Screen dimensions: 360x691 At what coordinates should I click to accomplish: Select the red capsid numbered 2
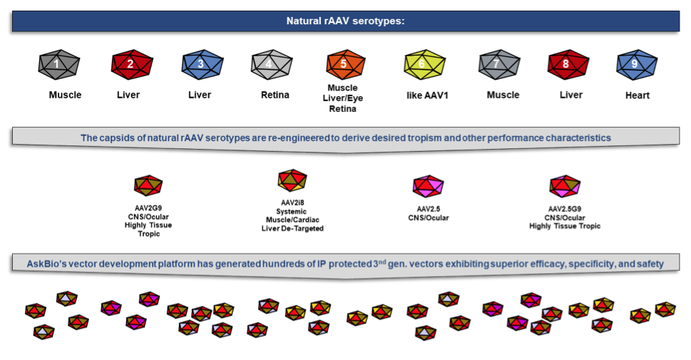pyautogui.click(x=131, y=65)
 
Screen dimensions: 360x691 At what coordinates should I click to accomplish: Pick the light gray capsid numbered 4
pyautogui.click(x=270, y=65)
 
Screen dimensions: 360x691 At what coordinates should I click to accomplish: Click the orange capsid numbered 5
pyautogui.click(x=344, y=65)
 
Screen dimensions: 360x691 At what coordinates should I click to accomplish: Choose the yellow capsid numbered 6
pyautogui.click(x=424, y=65)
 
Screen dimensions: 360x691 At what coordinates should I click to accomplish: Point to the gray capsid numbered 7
pyautogui.click(x=498, y=65)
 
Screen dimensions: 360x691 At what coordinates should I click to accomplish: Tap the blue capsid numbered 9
pyautogui.click(x=635, y=65)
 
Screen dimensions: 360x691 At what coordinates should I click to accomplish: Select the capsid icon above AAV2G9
pyautogui.click(x=148, y=186)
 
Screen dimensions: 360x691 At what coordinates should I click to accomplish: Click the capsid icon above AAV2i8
pyautogui.click(x=292, y=180)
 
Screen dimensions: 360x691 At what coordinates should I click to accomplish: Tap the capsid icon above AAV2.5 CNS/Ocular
pyautogui.click(x=428, y=187)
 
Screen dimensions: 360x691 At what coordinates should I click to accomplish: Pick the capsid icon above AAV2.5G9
pyautogui.click(x=564, y=186)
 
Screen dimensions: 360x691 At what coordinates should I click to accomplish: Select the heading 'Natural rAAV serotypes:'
pyautogui.click(x=345, y=21)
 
